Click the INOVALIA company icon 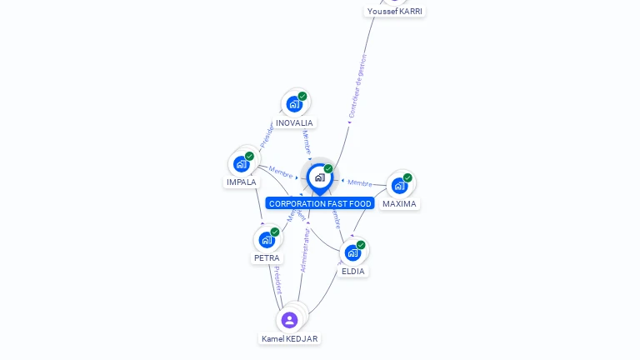click(293, 104)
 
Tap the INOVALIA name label click(294, 123)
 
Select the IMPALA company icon click(242, 163)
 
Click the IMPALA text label click(242, 182)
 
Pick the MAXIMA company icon click(399, 185)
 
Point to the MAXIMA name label click(399, 204)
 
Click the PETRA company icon click(267, 240)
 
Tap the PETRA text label click(267, 258)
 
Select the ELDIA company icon click(352, 252)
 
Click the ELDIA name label click(353, 272)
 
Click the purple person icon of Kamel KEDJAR click(289, 320)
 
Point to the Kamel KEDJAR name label click(289, 339)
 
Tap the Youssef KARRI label click(395, 12)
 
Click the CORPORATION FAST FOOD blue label click(320, 204)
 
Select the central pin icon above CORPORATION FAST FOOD click(319, 177)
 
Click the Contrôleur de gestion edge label click(357, 87)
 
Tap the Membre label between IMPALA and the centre click(280, 172)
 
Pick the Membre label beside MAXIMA click(360, 182)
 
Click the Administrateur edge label click(303, 250)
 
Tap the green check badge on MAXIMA click(407, 177)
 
